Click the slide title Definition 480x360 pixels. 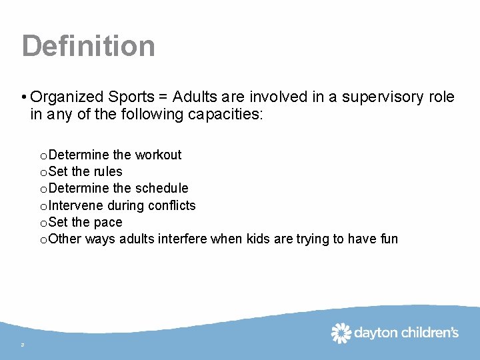click(x=88, y=46)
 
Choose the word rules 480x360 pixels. click(x=107, y=172)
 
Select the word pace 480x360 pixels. click(x=108, y=222)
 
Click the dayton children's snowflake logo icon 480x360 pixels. click(x=341, y=333)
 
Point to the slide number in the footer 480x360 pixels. click(x=23, y=345)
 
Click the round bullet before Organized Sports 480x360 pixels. click(x=24, y=98)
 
